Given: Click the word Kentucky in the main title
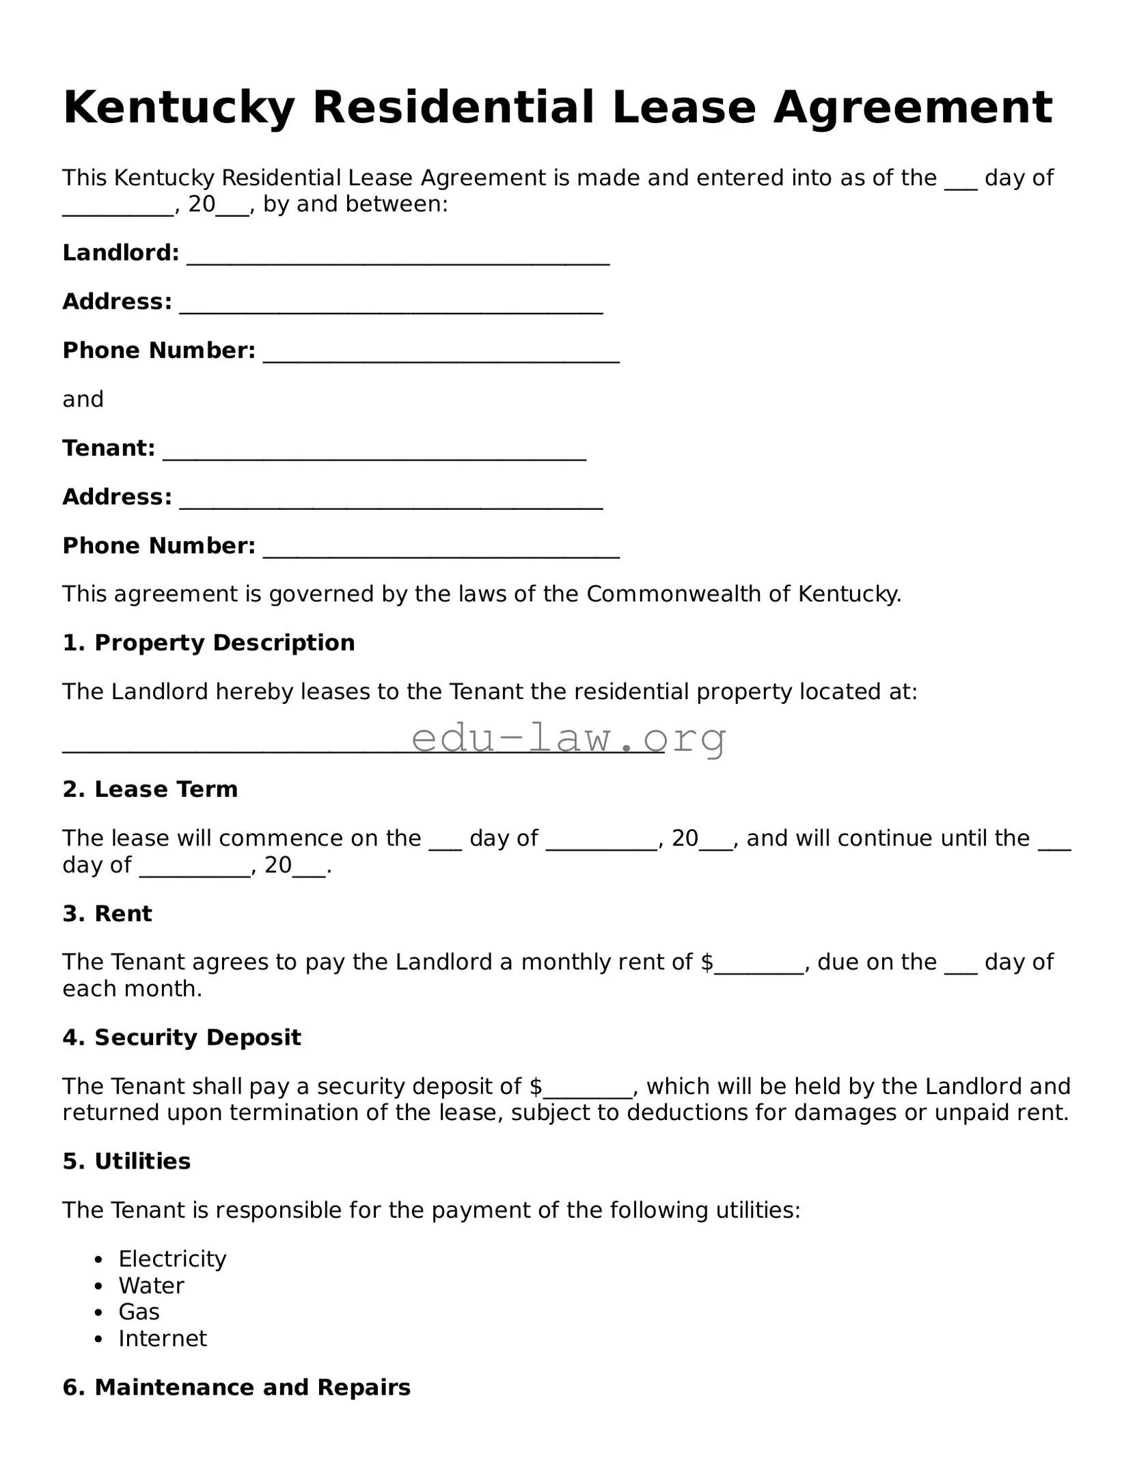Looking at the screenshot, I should click(178, 108).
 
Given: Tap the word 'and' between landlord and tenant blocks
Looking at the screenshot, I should click(83, 399).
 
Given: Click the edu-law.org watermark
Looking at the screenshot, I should click(568, 738).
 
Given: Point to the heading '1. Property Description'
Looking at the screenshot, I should click(208, 643).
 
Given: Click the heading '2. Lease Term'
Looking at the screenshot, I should click(150, 789).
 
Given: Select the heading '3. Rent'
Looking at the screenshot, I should click(107, 914).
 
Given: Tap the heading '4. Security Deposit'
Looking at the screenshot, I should click(182, 1037).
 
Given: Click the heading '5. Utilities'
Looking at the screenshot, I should click(126, 1161).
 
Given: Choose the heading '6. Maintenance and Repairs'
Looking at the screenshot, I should click(236, 1387).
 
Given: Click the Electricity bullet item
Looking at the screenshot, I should click(172, 1259).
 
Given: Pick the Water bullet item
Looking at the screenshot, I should click(151, 1285).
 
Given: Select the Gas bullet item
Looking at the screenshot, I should click(139, 1312).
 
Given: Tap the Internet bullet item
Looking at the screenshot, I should click(163, 1338).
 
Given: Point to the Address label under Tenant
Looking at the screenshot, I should click(117, 497).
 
